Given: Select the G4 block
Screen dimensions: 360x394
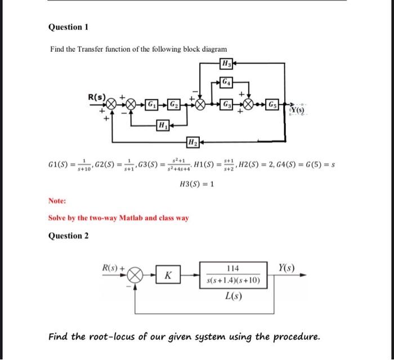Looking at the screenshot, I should point(226,82).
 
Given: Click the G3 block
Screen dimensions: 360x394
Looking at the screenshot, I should point(227,105).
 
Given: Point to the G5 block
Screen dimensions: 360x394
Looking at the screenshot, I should point(272,105).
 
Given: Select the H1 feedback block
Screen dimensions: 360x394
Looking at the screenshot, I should point(162,124).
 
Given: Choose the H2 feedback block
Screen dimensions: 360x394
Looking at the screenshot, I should point(192,141).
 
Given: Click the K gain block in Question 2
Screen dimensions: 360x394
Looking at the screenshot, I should point(168,276).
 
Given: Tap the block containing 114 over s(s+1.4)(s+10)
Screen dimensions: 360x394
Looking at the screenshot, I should point(232,274).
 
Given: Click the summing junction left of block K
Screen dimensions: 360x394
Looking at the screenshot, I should point(136,276).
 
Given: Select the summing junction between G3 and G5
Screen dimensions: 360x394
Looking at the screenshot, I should point(249,105).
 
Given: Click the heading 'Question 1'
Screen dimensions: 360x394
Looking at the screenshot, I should point(69,27).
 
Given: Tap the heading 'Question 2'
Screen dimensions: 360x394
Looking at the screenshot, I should point(69,236).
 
